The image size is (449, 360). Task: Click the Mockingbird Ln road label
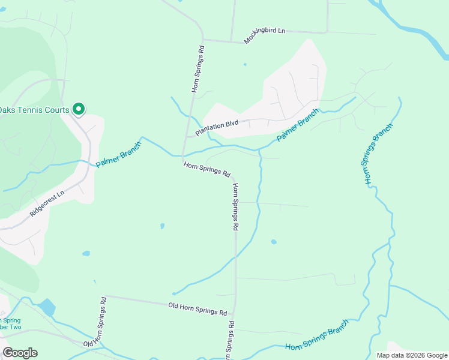[264, 35]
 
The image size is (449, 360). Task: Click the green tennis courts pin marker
[78, 109]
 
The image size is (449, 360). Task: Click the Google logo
[20, 352]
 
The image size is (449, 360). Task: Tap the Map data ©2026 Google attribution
[411, 355]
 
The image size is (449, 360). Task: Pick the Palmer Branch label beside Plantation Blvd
[298, 125]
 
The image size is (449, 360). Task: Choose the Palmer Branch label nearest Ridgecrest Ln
[119, 154]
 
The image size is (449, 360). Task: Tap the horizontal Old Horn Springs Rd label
[198, 309]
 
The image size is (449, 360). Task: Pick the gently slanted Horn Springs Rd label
[207, 169]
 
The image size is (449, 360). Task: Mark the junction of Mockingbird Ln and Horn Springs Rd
[203, 40]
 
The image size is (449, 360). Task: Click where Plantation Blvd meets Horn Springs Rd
[188, 136]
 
